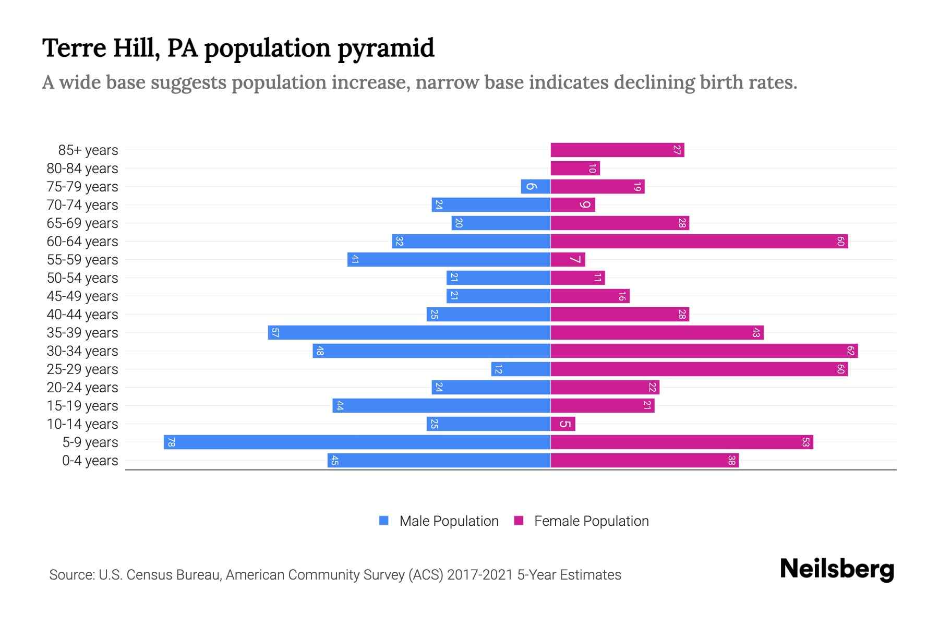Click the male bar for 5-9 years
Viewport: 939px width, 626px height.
[357, 442]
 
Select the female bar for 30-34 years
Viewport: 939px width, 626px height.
[704, 351]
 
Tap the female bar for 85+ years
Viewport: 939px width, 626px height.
[617, 150]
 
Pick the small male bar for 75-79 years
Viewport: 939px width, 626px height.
[536, 187]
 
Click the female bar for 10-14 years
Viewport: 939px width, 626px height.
[563, 424]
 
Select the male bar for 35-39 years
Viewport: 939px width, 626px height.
[410, 333]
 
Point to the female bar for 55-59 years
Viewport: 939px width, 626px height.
[568, 260]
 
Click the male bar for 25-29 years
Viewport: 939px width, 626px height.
[521, 369]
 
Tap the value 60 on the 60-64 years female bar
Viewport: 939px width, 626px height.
[840, 242]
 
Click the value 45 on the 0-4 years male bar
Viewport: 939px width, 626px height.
[335, 461]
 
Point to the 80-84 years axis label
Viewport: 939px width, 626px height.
[82, 168]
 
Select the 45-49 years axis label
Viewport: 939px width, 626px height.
[82, 296]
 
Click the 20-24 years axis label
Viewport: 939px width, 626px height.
[82, 388]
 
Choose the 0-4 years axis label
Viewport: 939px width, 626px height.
[90, 461]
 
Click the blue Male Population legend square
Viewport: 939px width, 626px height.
[384, 521]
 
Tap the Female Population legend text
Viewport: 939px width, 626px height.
[591, 521]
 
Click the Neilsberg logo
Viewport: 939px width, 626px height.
[837, 569]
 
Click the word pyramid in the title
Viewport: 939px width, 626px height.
[386, 49]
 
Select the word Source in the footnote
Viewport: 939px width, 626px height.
[71, 575]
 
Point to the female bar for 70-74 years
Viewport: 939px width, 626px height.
[573, 205]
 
